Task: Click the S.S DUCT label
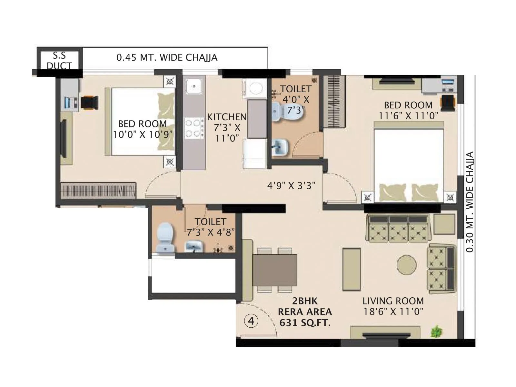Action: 59,61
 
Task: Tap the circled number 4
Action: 252,321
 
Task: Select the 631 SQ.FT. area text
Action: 305,323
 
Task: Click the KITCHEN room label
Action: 227,117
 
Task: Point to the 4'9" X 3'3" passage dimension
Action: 291,185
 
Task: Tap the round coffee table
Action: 406,265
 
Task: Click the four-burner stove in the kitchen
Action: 193,128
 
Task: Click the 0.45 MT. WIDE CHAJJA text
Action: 167,58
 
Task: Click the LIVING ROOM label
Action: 393,301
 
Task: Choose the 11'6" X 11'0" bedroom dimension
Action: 408,115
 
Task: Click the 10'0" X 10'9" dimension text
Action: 143,134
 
